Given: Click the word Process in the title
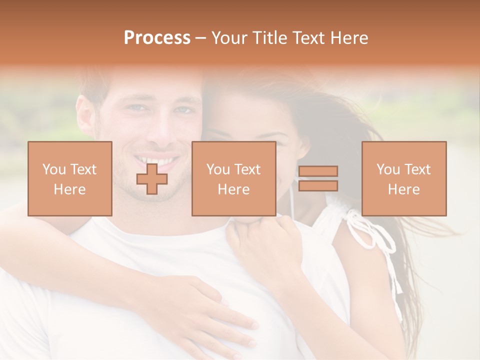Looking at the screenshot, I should (157, 38).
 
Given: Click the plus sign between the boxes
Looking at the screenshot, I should (152, 179).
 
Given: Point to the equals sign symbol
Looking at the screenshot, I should (318, 178).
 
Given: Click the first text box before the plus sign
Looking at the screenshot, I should (70, 178).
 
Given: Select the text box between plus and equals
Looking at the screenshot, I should (233, 178).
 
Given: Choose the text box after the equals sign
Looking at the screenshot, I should (404, 178).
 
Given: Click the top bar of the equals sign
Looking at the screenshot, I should (318, 171).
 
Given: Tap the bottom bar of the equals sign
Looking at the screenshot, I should (318, 186).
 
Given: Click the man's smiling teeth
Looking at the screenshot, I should (156, 162).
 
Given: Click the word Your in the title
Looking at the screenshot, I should (230, 38).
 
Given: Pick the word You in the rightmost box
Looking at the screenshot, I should (388, 169).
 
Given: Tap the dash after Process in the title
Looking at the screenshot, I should (201, 38).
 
